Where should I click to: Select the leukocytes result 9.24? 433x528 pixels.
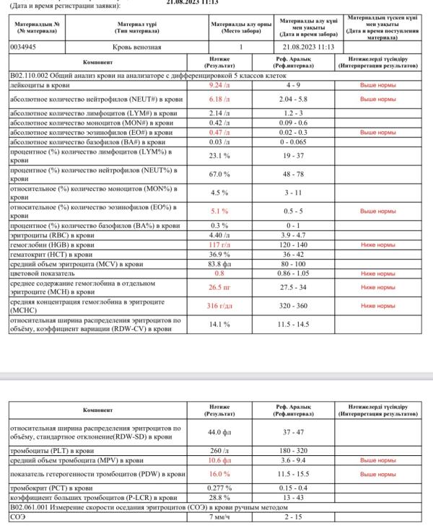[x=219, y=84]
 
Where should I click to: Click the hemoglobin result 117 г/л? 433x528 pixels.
[x=219, y=245]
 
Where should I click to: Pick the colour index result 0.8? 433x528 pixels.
[x=219, y=273]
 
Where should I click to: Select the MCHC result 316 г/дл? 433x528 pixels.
[x=219, y=306]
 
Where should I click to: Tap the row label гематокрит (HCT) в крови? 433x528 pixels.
[x=51, y=255]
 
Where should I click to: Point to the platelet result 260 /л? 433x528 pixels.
[x=219, y=451]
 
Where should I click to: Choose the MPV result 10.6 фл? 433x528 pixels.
[x=219, y=460]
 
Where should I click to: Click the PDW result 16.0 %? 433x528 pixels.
[x=219, y=474]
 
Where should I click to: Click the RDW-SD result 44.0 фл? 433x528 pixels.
[x=219, y=433]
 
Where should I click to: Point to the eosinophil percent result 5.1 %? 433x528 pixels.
[x=219, y=211]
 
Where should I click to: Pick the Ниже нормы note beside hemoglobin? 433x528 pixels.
[x=378, y=245]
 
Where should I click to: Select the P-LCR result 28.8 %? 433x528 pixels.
[x=219, y=498]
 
